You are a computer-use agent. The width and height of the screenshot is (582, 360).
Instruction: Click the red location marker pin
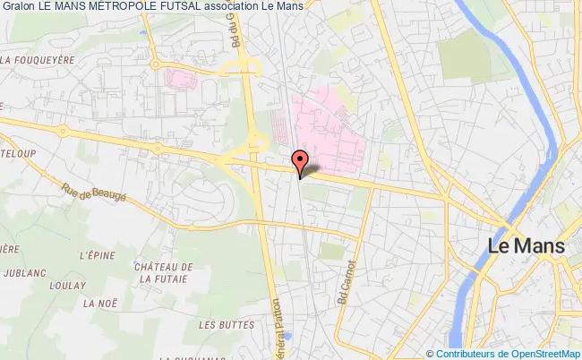(x=301, y=162)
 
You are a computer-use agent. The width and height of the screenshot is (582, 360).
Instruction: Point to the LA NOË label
(x=96, y=304)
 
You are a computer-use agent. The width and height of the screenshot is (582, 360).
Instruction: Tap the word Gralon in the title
(x=18, y=7)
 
